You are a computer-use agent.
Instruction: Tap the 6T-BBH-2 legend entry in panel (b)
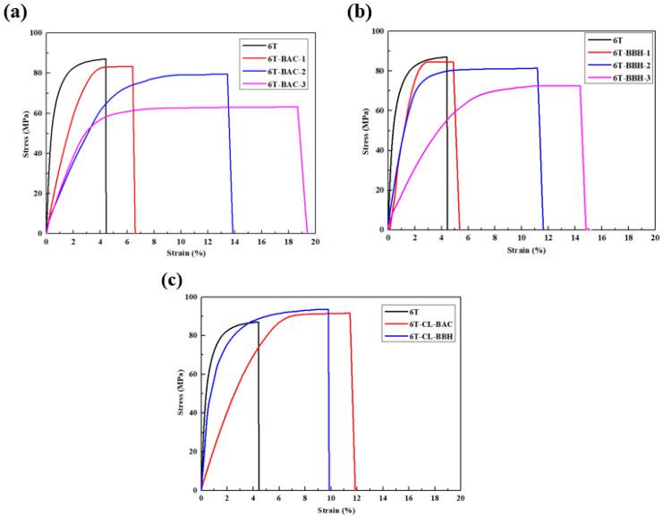point(620,65)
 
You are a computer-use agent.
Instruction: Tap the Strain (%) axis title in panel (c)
point(329,509)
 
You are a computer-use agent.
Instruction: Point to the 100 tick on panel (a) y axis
point(34,33)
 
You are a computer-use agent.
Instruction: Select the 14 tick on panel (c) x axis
point(382,498)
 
